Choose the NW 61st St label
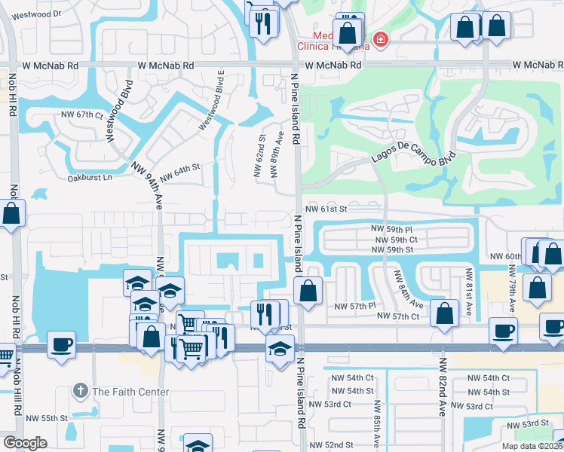point(325,208)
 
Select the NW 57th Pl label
point(354,306)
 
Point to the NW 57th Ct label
point(398,316)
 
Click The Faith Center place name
point(130,392)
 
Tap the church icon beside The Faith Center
point(81,392)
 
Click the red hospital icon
point(381,38)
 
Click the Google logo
point(25,443)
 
